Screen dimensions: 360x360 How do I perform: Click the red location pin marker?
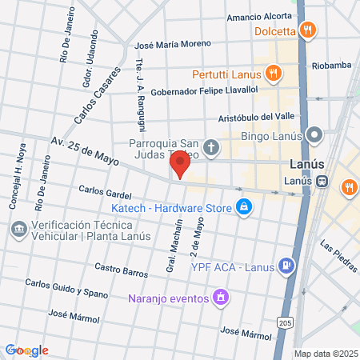tap(180, 166)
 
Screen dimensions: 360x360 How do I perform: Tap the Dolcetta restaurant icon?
tap(310, 31)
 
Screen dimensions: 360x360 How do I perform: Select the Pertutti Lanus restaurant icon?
tap(274, 74)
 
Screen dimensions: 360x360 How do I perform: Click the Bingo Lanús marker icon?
tap(316, 135)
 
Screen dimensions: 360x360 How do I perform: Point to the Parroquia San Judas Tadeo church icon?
tap(211, 147)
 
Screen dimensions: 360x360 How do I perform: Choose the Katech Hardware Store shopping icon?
tap(244, 208)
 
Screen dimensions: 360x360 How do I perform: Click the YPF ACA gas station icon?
tap(285, 266)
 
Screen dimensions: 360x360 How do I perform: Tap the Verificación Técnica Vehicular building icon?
tap(18, 229)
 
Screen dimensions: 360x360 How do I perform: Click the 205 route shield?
tap(286, 322)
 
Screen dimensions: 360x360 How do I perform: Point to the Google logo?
tap(26, 350)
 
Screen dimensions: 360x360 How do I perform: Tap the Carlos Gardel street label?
tap(105, 193)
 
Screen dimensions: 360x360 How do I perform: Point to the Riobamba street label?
tap(331, 66)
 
